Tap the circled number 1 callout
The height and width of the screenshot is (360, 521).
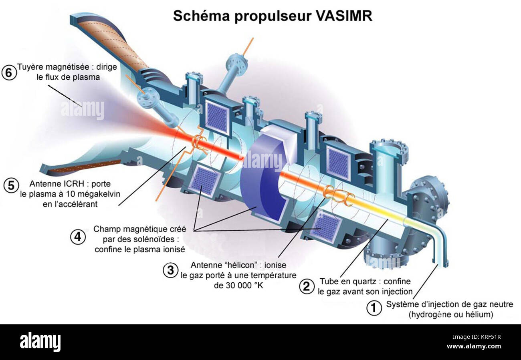374,308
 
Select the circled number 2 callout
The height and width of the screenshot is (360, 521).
307,286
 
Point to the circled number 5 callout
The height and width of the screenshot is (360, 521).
11,185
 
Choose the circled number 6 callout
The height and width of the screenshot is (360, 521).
9,72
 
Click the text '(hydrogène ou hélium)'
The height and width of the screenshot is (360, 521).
450,315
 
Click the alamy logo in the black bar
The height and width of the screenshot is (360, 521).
40,342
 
